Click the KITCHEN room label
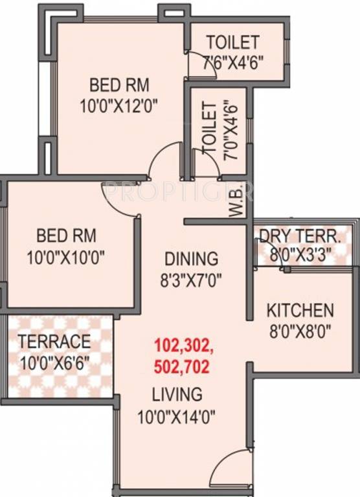click(x=300, y=310)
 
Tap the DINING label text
click(x=190, y=259)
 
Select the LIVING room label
click(x=177, y=393)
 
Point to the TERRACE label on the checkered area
click(x=54, y=341)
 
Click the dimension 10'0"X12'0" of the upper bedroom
click(x=120, y=104)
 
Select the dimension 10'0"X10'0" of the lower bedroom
click(x=66, y=257)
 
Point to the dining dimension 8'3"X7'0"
click(x=191, y=281)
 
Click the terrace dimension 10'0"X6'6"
click(x=54, y=363)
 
